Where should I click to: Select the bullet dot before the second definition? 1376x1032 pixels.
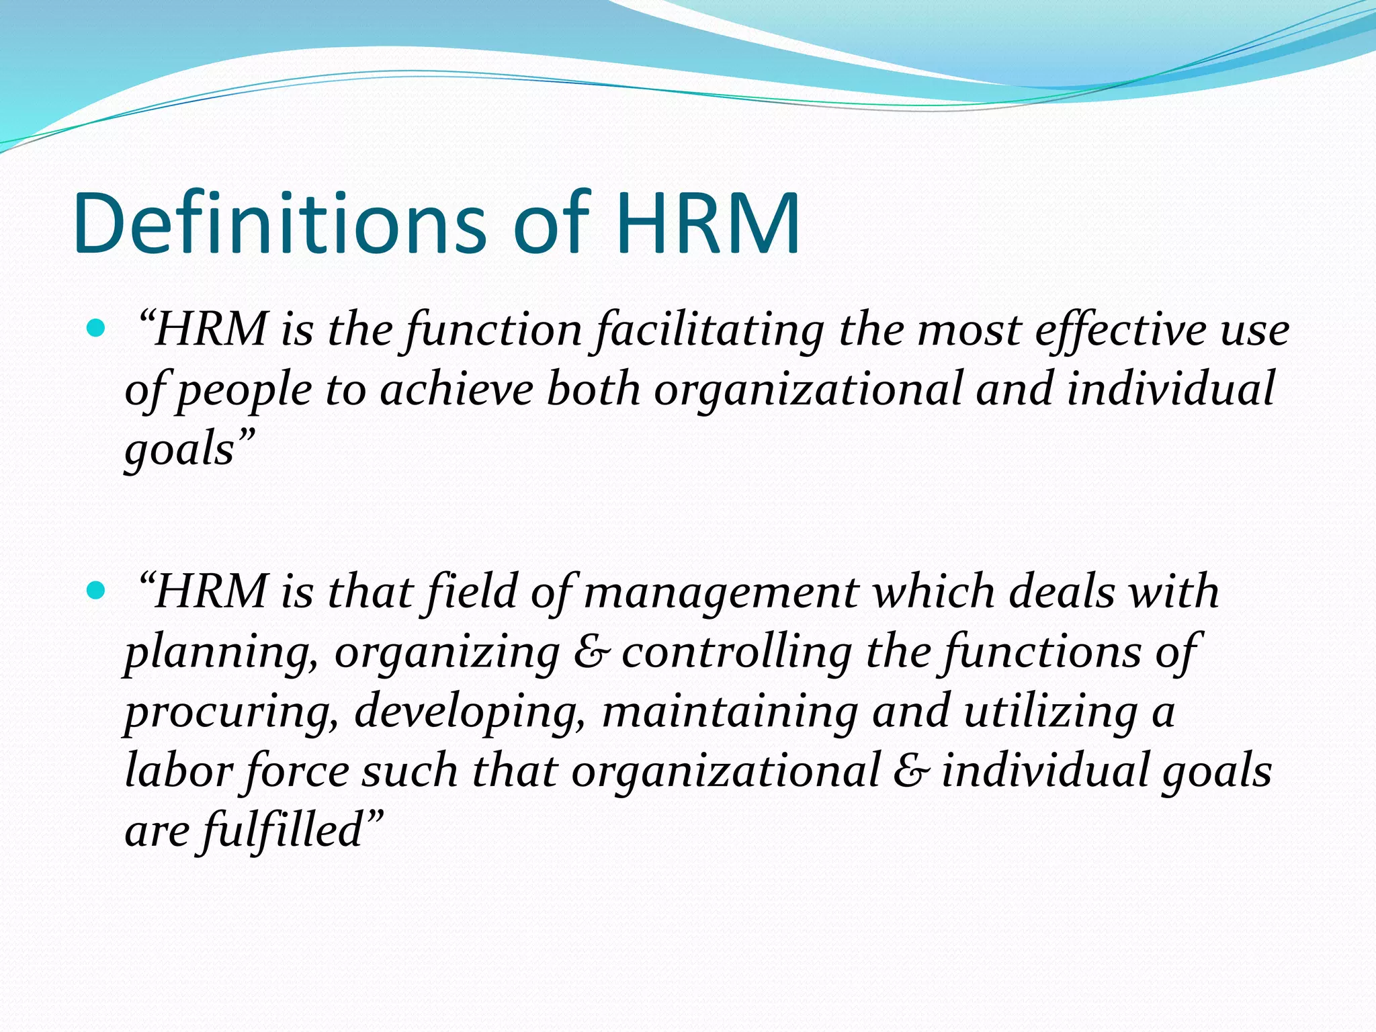click(x=97, y=591)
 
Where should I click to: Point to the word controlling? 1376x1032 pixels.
click(x=736, y=654)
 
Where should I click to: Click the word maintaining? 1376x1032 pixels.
click(x=730, y=712)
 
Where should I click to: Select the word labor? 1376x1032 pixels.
click(x=179, y=771)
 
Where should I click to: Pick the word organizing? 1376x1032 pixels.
click(x=447, y=654)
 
